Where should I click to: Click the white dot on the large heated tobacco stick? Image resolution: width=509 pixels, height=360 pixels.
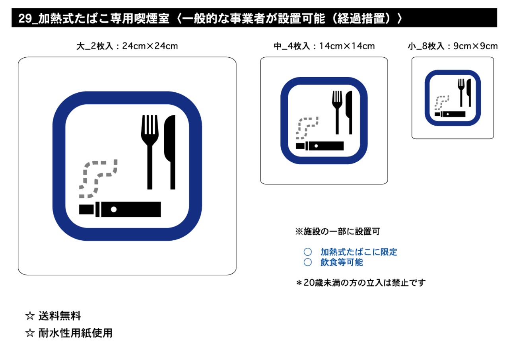coord(114,209)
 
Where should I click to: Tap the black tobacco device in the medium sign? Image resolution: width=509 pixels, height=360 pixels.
coord(320,146)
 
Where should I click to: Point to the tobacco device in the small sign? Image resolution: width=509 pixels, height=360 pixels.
coord(450,114)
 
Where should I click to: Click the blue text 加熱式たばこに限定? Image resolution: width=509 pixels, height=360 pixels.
coord(359,252)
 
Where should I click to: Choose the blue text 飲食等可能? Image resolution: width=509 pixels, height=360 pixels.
coord(342,262)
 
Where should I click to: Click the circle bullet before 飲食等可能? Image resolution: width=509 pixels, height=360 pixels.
coord(307,262)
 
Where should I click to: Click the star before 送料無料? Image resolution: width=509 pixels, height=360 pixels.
coord(30,317)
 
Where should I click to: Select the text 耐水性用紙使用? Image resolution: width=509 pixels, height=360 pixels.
coord(75,333)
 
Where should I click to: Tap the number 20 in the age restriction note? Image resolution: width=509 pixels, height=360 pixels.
coord(308,283)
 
